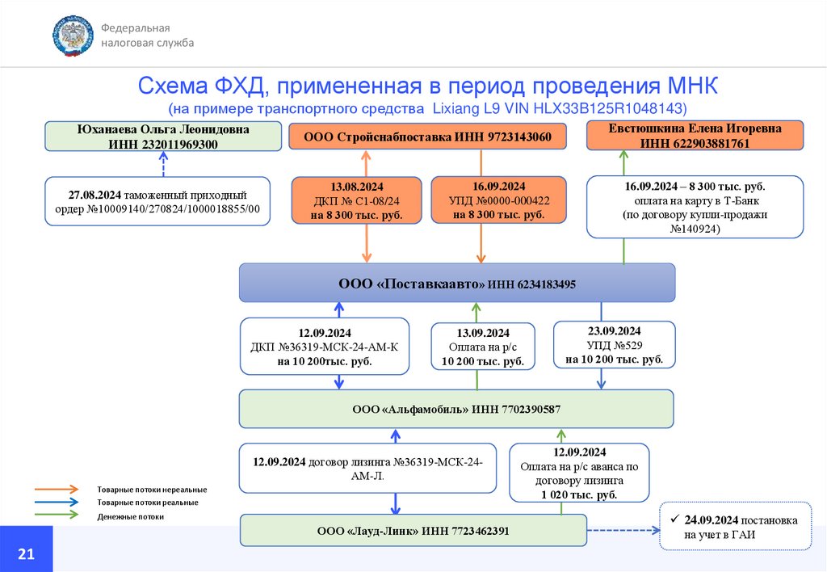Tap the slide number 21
26,553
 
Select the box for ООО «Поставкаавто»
457,284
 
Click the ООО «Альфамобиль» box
456,409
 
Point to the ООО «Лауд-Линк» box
413,531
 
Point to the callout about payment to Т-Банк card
695,208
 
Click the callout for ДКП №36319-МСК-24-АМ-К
325,347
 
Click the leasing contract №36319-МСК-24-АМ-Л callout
367,469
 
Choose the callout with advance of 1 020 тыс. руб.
579,473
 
